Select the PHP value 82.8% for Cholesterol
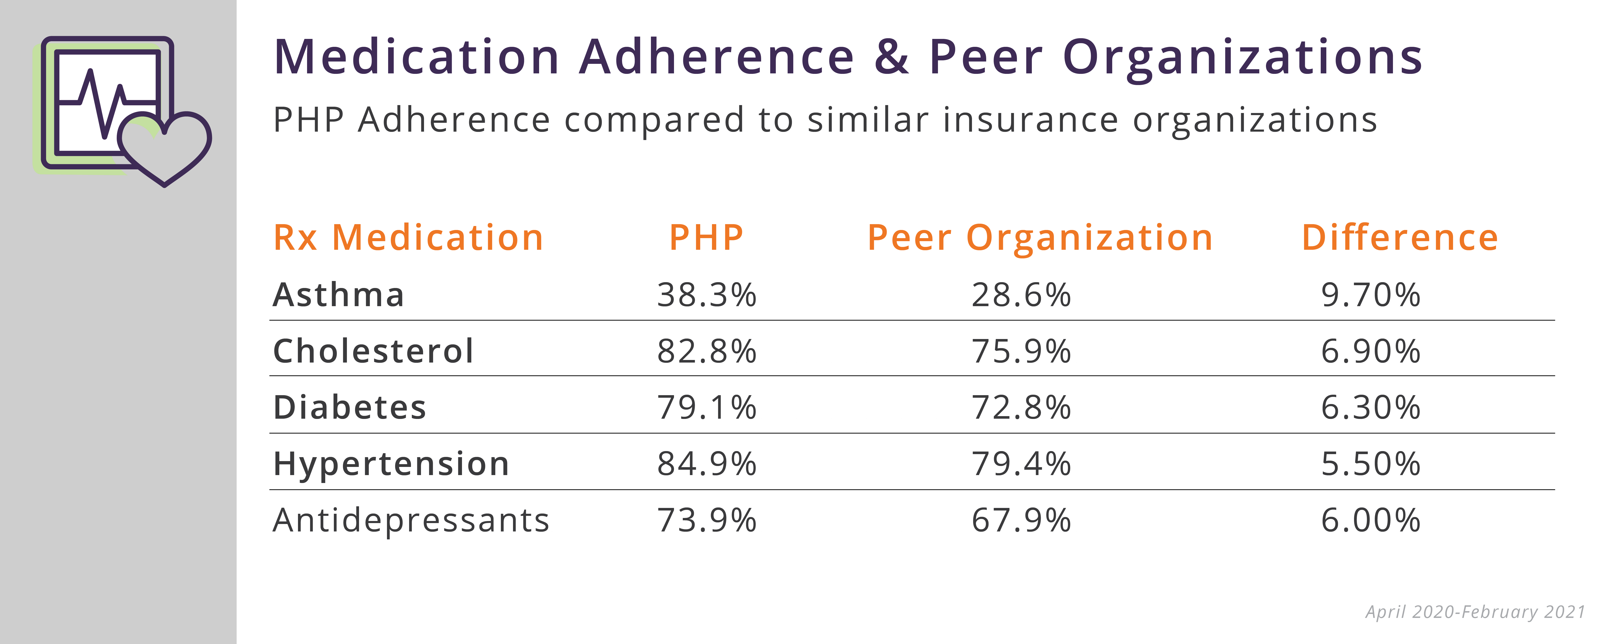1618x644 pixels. pos(707,351)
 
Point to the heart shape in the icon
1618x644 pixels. pos(164,151)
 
